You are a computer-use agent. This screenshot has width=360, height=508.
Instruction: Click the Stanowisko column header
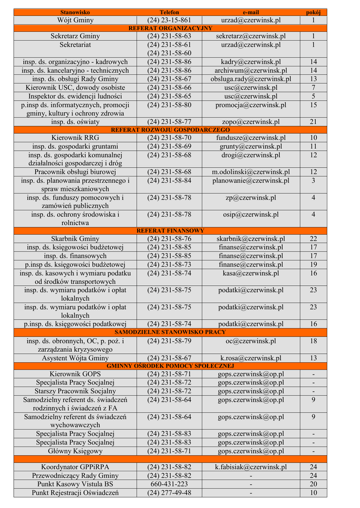[x=75, y=12]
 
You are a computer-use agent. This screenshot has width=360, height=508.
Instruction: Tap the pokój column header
[x=313, y=12]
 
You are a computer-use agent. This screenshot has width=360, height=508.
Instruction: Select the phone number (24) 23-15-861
[x=169, y=20]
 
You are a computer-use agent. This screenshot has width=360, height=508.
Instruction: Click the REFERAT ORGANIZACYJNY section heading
[x=170, y=28]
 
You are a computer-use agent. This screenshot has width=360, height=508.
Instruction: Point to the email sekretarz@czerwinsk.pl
[x=251, y=36]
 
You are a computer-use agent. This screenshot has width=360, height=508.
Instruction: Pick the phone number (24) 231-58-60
[x=169, y=53]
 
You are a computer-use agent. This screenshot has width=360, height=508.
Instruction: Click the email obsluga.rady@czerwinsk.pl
[x=251, y=79]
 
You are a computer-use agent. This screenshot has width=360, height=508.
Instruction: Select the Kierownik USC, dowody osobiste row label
[x=75, y=87]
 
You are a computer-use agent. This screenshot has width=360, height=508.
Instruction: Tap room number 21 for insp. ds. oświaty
[x=313, y=122]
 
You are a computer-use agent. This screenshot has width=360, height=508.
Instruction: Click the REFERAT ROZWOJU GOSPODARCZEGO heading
[x=170, y=129]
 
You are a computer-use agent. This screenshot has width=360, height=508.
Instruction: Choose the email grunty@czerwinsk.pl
[x=251, y=146]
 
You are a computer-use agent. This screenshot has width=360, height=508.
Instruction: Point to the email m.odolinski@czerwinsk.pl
[x=251, y=172]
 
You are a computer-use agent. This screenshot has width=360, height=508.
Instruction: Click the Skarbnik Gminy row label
[x=75, y=239]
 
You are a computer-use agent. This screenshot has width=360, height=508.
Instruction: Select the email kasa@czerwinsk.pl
[x=251, y=273]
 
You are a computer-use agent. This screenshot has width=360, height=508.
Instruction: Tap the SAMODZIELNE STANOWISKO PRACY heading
[x=170, y=332]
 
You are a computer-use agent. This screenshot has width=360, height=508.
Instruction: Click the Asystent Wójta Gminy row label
[x=75, y=358]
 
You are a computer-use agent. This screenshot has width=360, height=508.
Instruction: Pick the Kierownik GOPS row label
[x=75, y=374]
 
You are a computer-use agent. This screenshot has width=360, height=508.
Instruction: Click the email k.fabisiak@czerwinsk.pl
[x=251, y=467]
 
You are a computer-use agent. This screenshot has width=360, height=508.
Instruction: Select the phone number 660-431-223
[x=169, y=484]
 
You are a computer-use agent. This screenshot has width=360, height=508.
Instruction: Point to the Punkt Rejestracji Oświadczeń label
[x=75, y=493]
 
